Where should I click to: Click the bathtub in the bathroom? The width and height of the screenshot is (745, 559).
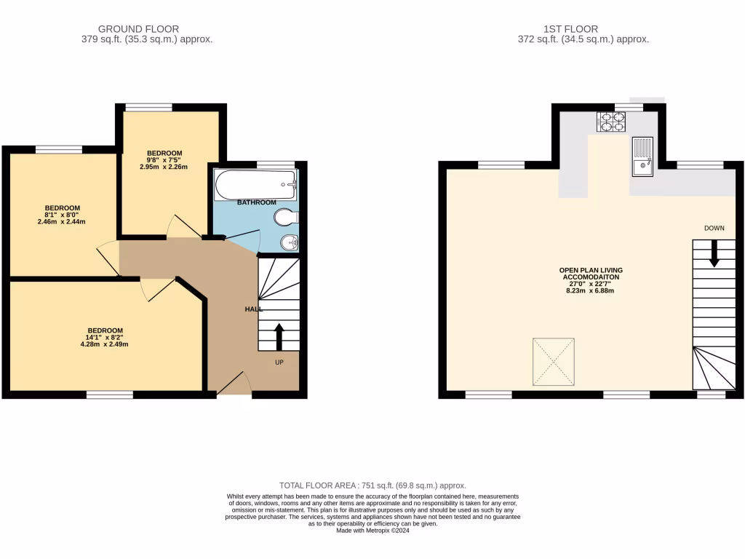pos(255,185)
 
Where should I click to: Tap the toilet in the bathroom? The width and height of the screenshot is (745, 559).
pos(288,217)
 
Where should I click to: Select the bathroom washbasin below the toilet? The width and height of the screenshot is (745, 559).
pos(290,242)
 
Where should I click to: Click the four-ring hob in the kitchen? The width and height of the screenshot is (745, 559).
pos(611,122)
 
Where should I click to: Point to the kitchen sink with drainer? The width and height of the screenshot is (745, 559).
pos(642,156)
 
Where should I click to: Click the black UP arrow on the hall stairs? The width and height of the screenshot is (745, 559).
pos(279,337)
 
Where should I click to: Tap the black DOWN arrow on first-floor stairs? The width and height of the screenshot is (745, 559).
pos(714,253)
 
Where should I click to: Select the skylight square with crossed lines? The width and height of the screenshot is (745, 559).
pos(554,362)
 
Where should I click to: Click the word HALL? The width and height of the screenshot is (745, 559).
pos(253,309)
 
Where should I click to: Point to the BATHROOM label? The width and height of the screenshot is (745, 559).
pos(257,202)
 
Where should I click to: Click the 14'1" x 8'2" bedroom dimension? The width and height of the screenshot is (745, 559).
pos(105,337)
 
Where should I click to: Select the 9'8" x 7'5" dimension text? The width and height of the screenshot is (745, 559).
pos(164,160)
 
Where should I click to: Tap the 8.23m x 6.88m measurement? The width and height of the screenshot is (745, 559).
pos(591,291)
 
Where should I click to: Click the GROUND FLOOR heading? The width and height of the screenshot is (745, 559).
pos(138,29)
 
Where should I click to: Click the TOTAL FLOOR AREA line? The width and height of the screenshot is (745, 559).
pos(372,485)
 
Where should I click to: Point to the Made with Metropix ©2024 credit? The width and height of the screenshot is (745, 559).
pos(372,531)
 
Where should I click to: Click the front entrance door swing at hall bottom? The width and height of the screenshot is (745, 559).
pos(233,384)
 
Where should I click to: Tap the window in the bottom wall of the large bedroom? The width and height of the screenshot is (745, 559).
pos(110,395)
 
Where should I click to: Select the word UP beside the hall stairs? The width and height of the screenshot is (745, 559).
pos(279,362)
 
